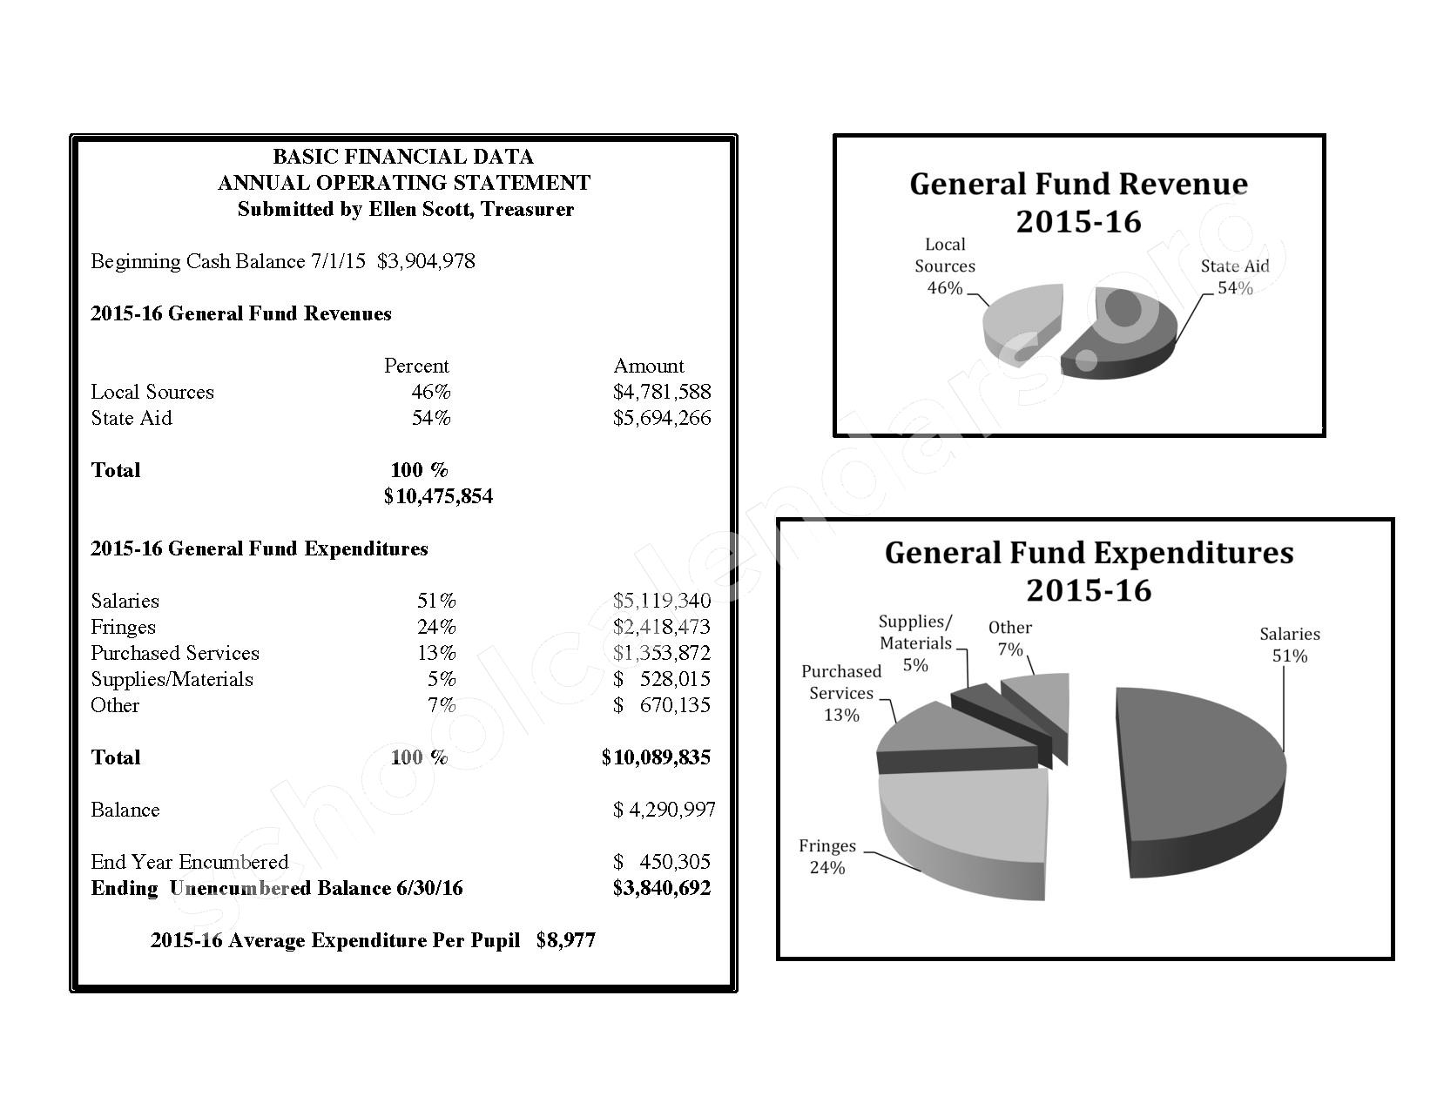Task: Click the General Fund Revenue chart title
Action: coord(1078,202)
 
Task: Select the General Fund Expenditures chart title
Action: coord(1089,571)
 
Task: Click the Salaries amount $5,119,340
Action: coord(661,601)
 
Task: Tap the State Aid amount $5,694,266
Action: coord(661,418)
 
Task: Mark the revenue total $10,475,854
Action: coord(438,496)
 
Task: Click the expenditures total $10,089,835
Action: coord(656,757)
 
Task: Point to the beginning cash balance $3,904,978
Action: coord(426,261)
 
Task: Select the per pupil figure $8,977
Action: coord(566,940)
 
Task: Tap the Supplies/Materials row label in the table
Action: coord(172,679)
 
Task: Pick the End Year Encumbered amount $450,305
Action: coord(662,862)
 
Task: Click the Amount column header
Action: coord(649,366)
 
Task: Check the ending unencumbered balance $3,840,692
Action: coord(661,888)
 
